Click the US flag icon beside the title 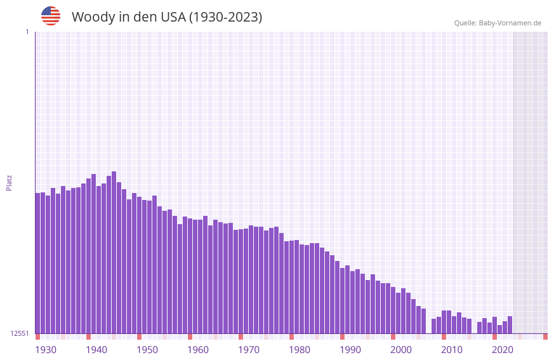pyautogui.click(x=51, y=16)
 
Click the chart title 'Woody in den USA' pyautogui.click(x=166, y=17)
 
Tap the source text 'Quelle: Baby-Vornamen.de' pyautogui.click(x=498, y=23)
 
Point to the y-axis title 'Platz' pyautogui.click(x=9, y=182)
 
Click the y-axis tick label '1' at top pyautogui.click(x=27, y=32)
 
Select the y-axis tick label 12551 pyautogui.click(x=20, y=333)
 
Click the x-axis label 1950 pyautogui.click(x=147, y=349)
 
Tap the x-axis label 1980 pyautogui.click(x=300, y=349)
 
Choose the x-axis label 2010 pyautogui.click(x=452, y=349)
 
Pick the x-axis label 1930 pyautogui.click(x=46, y=349)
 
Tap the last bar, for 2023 pyautogui.click(x=510, y=324)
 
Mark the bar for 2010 pyautogui.click(x=444, y=322)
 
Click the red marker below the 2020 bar pyautogui.click(x=494, y=337)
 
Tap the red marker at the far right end pyautogui.click(x=545, y=337)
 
